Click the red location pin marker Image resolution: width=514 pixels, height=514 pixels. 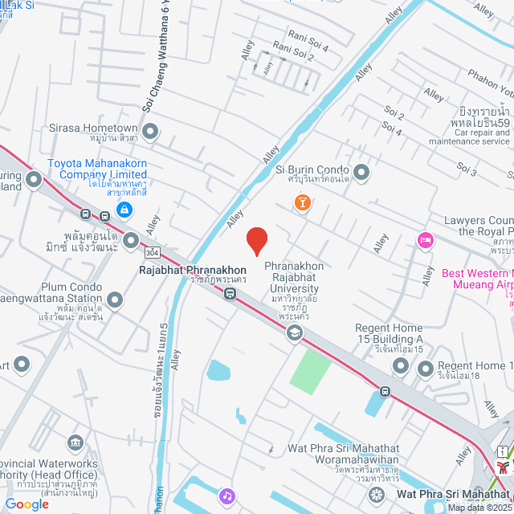tap(256, 240)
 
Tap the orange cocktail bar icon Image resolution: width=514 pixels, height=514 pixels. tap(302, 203)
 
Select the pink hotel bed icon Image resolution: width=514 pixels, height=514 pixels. tap(425, 239)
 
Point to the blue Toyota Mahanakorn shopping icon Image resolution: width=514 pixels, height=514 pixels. tap(124, 210)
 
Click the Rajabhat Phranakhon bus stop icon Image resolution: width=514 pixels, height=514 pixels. tap(230, 294)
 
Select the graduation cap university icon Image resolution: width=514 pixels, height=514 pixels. tap(295, 332)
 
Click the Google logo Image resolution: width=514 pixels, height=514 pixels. tap(27, 504)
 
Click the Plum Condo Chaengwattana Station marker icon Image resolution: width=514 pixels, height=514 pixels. tap(115, 301)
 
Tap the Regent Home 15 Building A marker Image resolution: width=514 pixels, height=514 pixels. tap(401, 366)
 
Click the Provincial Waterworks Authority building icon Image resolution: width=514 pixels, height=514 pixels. tap(75, 443)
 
